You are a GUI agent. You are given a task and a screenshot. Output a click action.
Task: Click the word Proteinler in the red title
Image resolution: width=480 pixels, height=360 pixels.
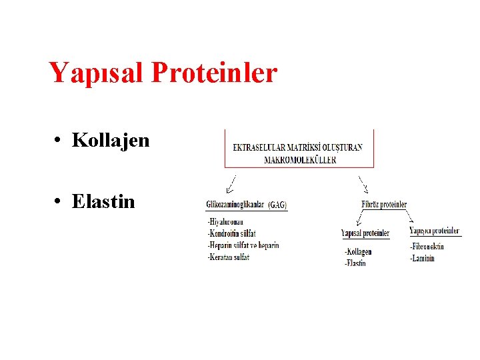pyautogui.click(x=214, y=73)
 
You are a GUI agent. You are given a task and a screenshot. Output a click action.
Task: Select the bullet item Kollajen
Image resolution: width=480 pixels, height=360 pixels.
pyautogui.click(x=111, y=141)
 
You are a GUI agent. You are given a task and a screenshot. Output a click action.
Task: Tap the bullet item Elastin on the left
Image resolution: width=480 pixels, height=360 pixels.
pyautogui.click(x=103, y=201)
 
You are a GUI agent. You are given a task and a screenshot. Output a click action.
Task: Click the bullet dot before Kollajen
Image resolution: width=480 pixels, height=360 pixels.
pyautogui.click(x=59, y=141)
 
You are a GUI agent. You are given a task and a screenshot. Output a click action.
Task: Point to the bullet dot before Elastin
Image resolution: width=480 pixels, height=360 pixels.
pyautogui.click(x=59, y=202)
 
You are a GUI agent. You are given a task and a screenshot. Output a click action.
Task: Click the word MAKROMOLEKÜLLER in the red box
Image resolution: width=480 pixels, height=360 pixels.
pyautogui.click(x=300, y=159)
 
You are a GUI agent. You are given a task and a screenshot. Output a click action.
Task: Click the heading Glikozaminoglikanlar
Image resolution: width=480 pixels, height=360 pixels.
pyautogui.click(x=236, y=205)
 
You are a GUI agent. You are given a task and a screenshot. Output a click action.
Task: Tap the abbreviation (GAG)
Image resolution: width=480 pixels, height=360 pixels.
pyautogui.click(x=277, y=205)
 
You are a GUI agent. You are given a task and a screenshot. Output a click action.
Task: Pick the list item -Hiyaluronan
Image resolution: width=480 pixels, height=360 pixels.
pyautogui.click(x=225, y=222)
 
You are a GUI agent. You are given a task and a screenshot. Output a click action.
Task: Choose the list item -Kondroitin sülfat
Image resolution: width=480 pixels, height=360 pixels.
pyautogui.click(x=232, y=234)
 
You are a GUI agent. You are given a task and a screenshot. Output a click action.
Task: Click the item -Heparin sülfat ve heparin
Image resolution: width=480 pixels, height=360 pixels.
pyautogui.click(x=243, y=245)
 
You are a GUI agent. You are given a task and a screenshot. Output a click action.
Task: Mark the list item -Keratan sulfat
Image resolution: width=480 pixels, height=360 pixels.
pyautogui.click(x=229, y=257)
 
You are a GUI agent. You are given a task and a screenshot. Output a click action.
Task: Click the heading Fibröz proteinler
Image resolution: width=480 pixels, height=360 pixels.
pyautogui.click(x=384, y=205)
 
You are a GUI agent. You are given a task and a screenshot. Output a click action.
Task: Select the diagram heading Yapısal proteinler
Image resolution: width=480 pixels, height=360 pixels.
pyautogui.click(x=365, y=233)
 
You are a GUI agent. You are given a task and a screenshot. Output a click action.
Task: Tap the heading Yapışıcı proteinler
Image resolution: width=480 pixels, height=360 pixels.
pyautogui.click(x=435, y=231)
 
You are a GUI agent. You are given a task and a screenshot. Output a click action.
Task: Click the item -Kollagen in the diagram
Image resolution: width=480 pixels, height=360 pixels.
pyautogui.click(x=359, y=251)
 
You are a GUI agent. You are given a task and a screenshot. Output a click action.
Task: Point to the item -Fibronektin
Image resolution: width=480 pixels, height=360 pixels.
pyautogui.click(x=427, y=247)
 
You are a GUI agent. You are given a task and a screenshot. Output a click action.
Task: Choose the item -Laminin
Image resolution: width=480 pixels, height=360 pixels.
pyautogui.click(x=422, y=258)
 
